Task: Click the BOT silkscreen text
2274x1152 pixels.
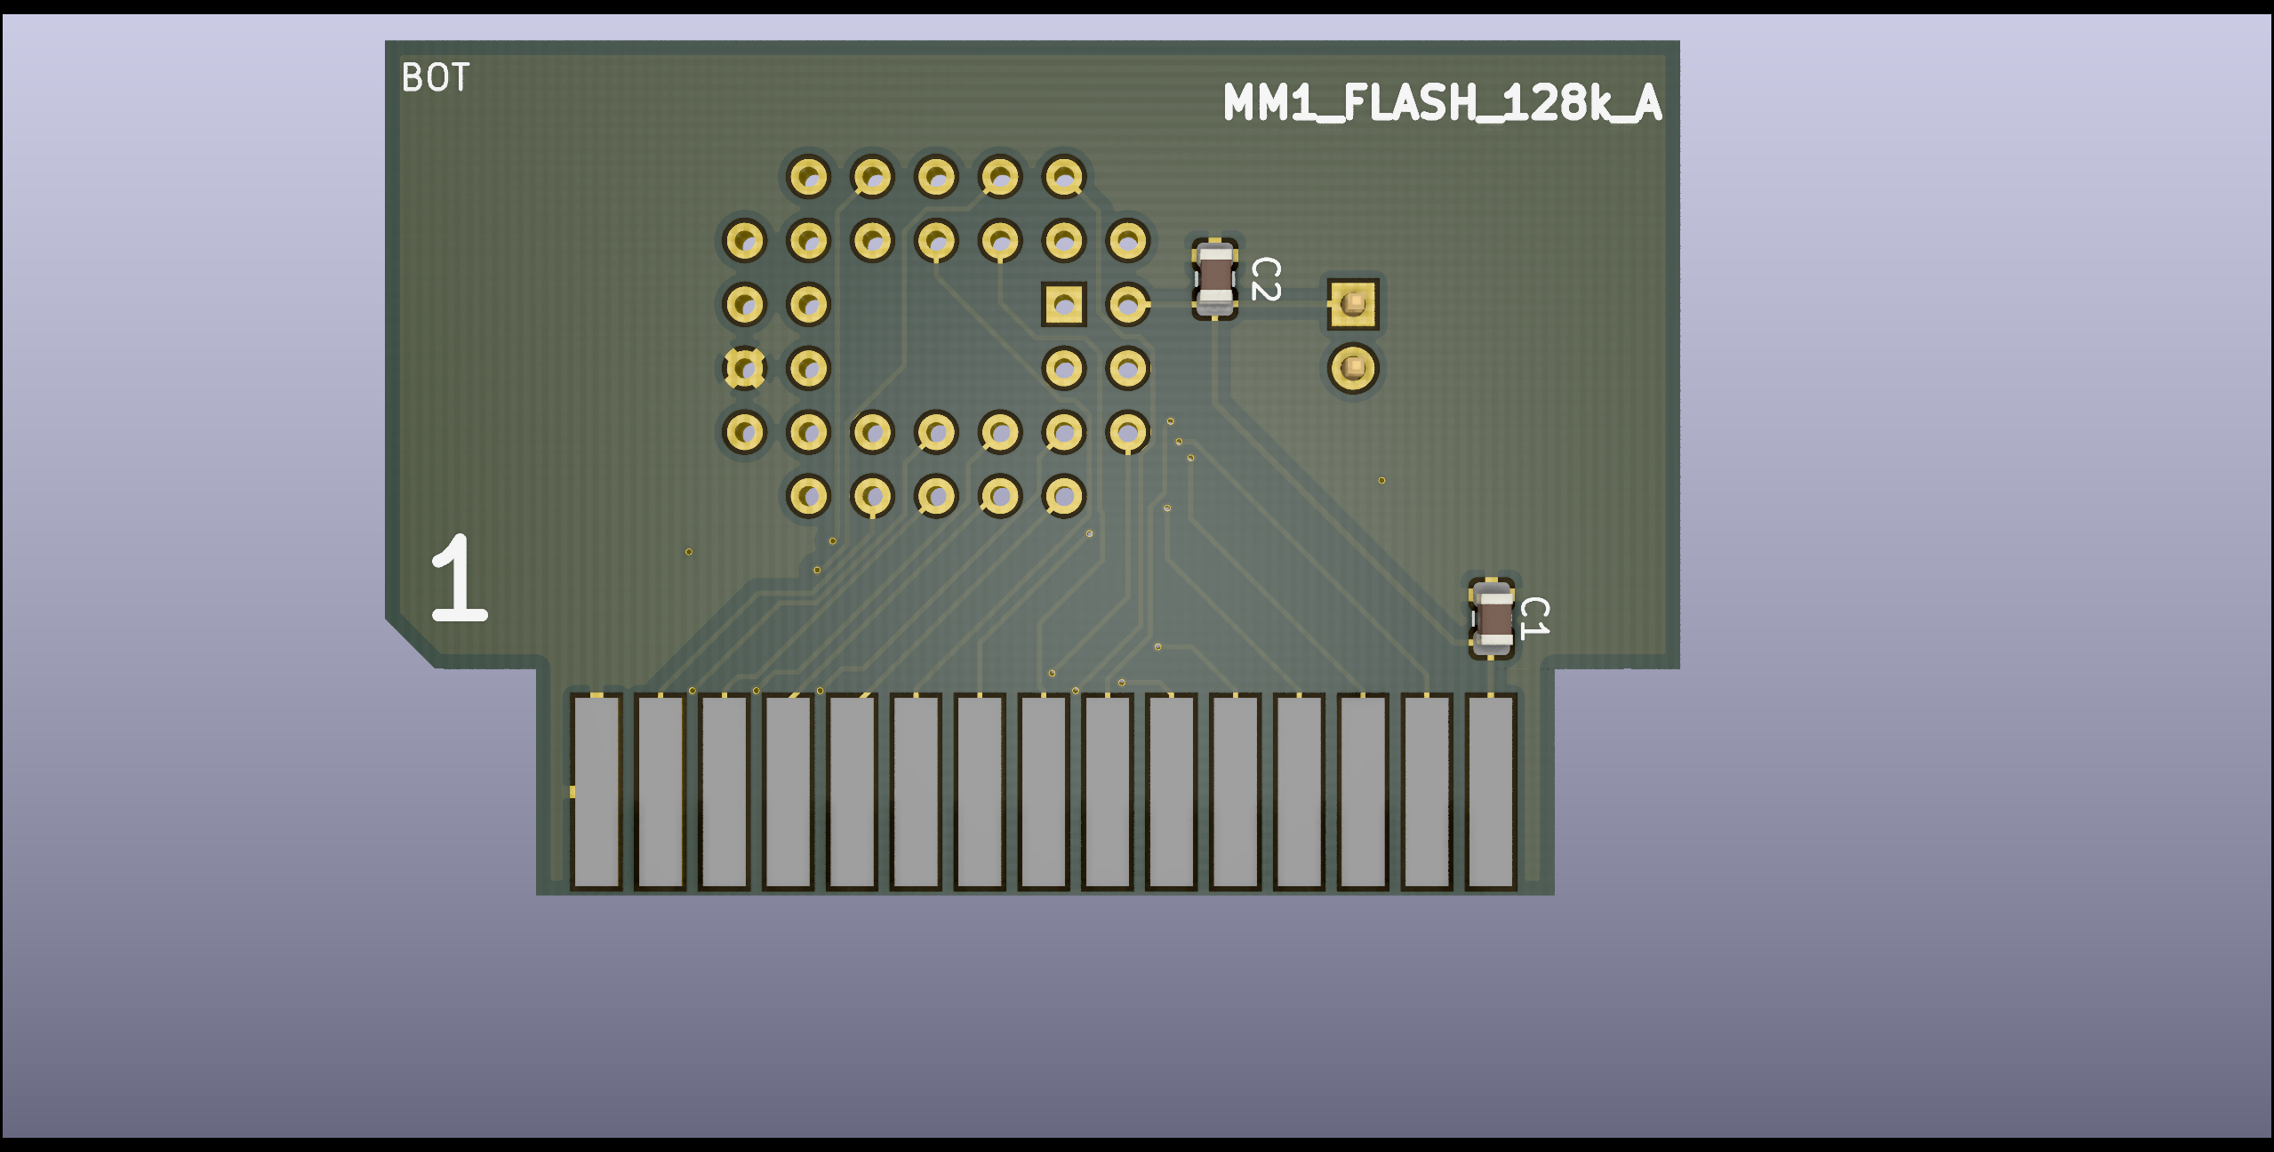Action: click(x=435, y=78)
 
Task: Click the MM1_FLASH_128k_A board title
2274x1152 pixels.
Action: click(x=1441, y=103)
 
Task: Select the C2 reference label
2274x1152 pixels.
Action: click(x=1265, y=279)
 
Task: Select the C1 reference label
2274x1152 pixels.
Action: click(x=1534, y=618)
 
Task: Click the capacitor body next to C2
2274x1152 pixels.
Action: click(x=1215, y=279)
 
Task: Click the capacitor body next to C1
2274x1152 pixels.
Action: click(x=1492, y=618)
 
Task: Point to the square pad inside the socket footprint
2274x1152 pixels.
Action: click(x=1064, y=304)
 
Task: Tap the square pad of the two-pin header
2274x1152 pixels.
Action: click(x=1353, y=304)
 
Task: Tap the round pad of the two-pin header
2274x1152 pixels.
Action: click(x=1353, y=367)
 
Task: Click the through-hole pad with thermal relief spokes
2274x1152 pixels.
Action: click(x=744, y=368)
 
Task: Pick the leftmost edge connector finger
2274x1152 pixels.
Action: click(x=596, y=791)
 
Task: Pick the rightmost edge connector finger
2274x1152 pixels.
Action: click(x=1491, y=791)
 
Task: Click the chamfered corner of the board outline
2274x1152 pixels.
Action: click(x=411, y=642)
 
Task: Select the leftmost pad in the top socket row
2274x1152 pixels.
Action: click(x=808, y=176)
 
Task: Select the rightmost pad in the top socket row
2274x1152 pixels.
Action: click(x=1064, y=176)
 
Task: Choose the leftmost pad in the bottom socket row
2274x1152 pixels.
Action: click(x=808, y=496)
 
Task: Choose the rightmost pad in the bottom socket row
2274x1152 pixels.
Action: click(x=1064, y=496)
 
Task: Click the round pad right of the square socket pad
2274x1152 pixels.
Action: click(x=1128, y=304)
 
